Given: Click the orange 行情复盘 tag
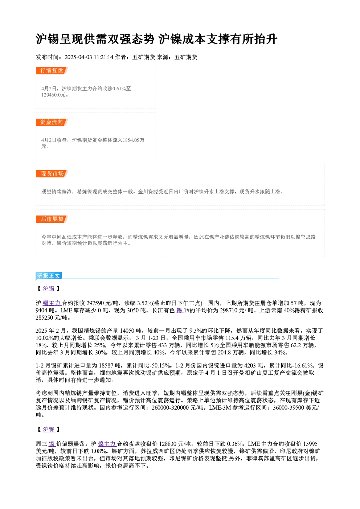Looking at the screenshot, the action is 52,71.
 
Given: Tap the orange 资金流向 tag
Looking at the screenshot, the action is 52,122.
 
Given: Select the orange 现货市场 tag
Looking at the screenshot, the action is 52,174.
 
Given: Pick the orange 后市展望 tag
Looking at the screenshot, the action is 52,219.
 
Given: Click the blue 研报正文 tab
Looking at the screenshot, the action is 49,276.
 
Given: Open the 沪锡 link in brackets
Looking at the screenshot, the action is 49,288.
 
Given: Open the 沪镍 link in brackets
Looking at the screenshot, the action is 49,429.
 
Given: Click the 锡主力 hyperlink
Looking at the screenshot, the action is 52,303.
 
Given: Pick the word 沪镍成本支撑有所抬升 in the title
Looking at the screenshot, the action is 218,39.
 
